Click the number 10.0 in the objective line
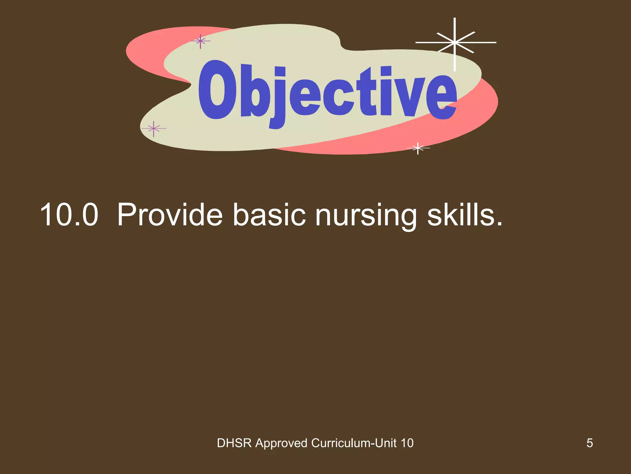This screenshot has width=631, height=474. [x=69, y=215]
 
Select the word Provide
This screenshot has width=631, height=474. [x=170, y=215]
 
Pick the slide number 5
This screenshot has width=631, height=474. [x=589, y=443]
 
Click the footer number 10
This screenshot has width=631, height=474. [x=407, y=443]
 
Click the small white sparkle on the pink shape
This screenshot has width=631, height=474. [x=418, y=148]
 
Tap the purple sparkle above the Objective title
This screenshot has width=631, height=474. [x=200, y=41]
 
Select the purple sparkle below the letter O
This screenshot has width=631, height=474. [x=153, y=128]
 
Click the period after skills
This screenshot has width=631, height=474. [x=499, y=224]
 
